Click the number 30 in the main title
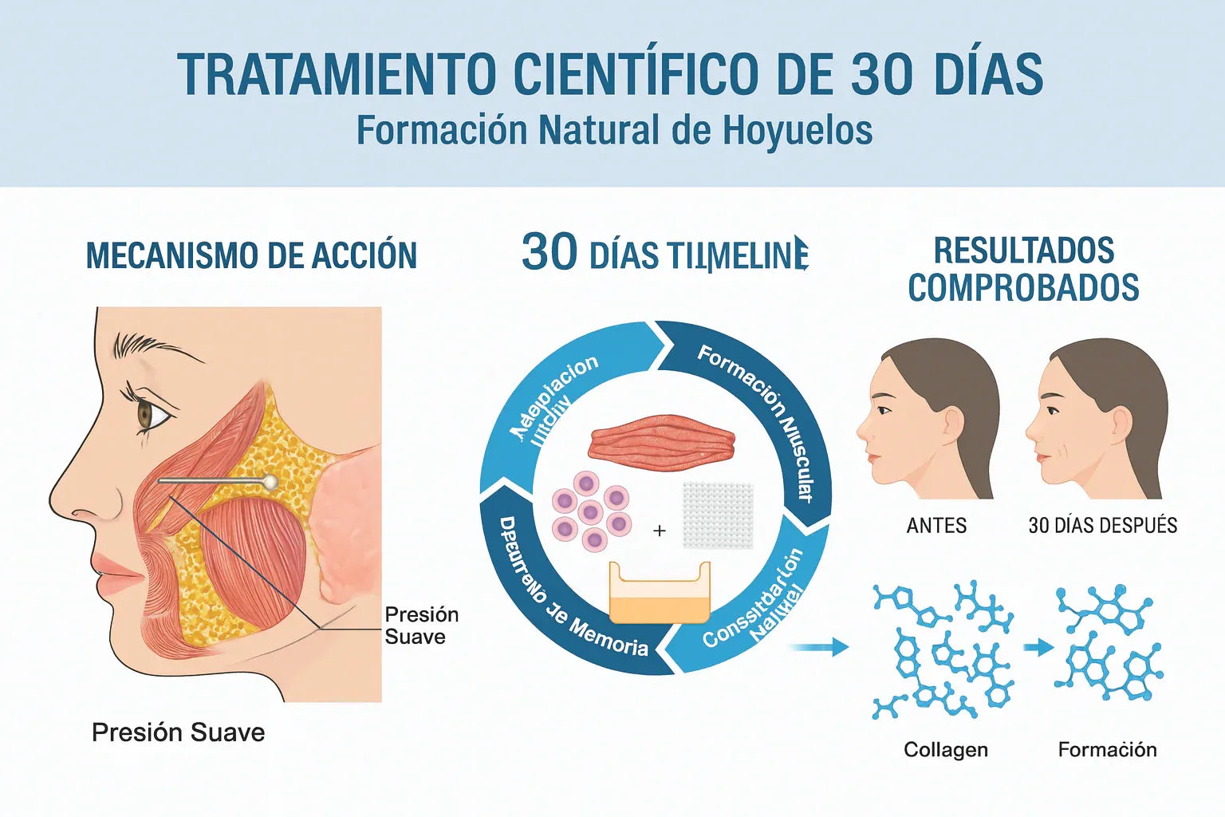point(880,74)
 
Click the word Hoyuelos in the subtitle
point(797,131)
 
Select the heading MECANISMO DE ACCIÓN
point(251,256)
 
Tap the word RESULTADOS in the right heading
point(1023,251)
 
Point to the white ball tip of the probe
point(270,481)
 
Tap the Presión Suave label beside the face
point(421,626)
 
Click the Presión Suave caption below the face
point(178,732)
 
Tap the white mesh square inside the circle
point(718,515)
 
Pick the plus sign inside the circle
point(660,530)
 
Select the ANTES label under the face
point(936,526)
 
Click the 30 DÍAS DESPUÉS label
point(1102,526)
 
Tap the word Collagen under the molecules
point(945,750)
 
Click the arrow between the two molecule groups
point(1038,647)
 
